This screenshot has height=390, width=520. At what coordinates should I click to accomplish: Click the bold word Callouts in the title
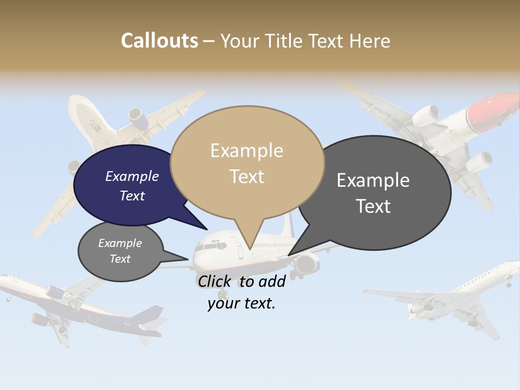pos(159,41)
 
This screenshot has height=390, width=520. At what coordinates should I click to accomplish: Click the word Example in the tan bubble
pos(246,151)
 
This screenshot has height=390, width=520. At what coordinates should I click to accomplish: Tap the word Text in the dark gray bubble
pos(373,206)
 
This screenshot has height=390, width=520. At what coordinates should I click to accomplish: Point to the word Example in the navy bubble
pos(132,177)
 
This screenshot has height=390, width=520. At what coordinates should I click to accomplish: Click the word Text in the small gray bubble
pos(120,259)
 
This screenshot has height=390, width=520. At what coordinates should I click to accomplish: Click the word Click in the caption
pos(215,281)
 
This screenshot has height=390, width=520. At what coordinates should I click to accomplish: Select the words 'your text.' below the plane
pos(242,303)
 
